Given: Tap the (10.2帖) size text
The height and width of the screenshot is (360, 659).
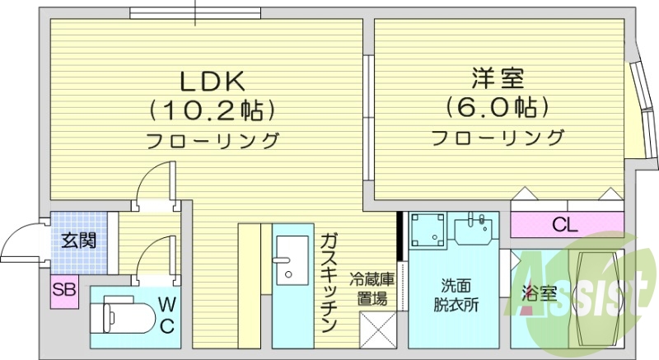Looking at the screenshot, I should [211, 110].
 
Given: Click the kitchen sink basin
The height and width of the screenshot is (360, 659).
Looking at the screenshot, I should [292, 256].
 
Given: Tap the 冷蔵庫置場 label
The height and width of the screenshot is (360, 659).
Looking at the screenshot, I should [372, 290].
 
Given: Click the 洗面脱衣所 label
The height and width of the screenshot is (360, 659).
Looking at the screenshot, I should [456, 296].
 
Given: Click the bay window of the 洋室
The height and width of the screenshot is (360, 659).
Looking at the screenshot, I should [635, 105].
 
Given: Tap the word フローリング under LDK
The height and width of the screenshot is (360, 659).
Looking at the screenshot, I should [213, 141].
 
